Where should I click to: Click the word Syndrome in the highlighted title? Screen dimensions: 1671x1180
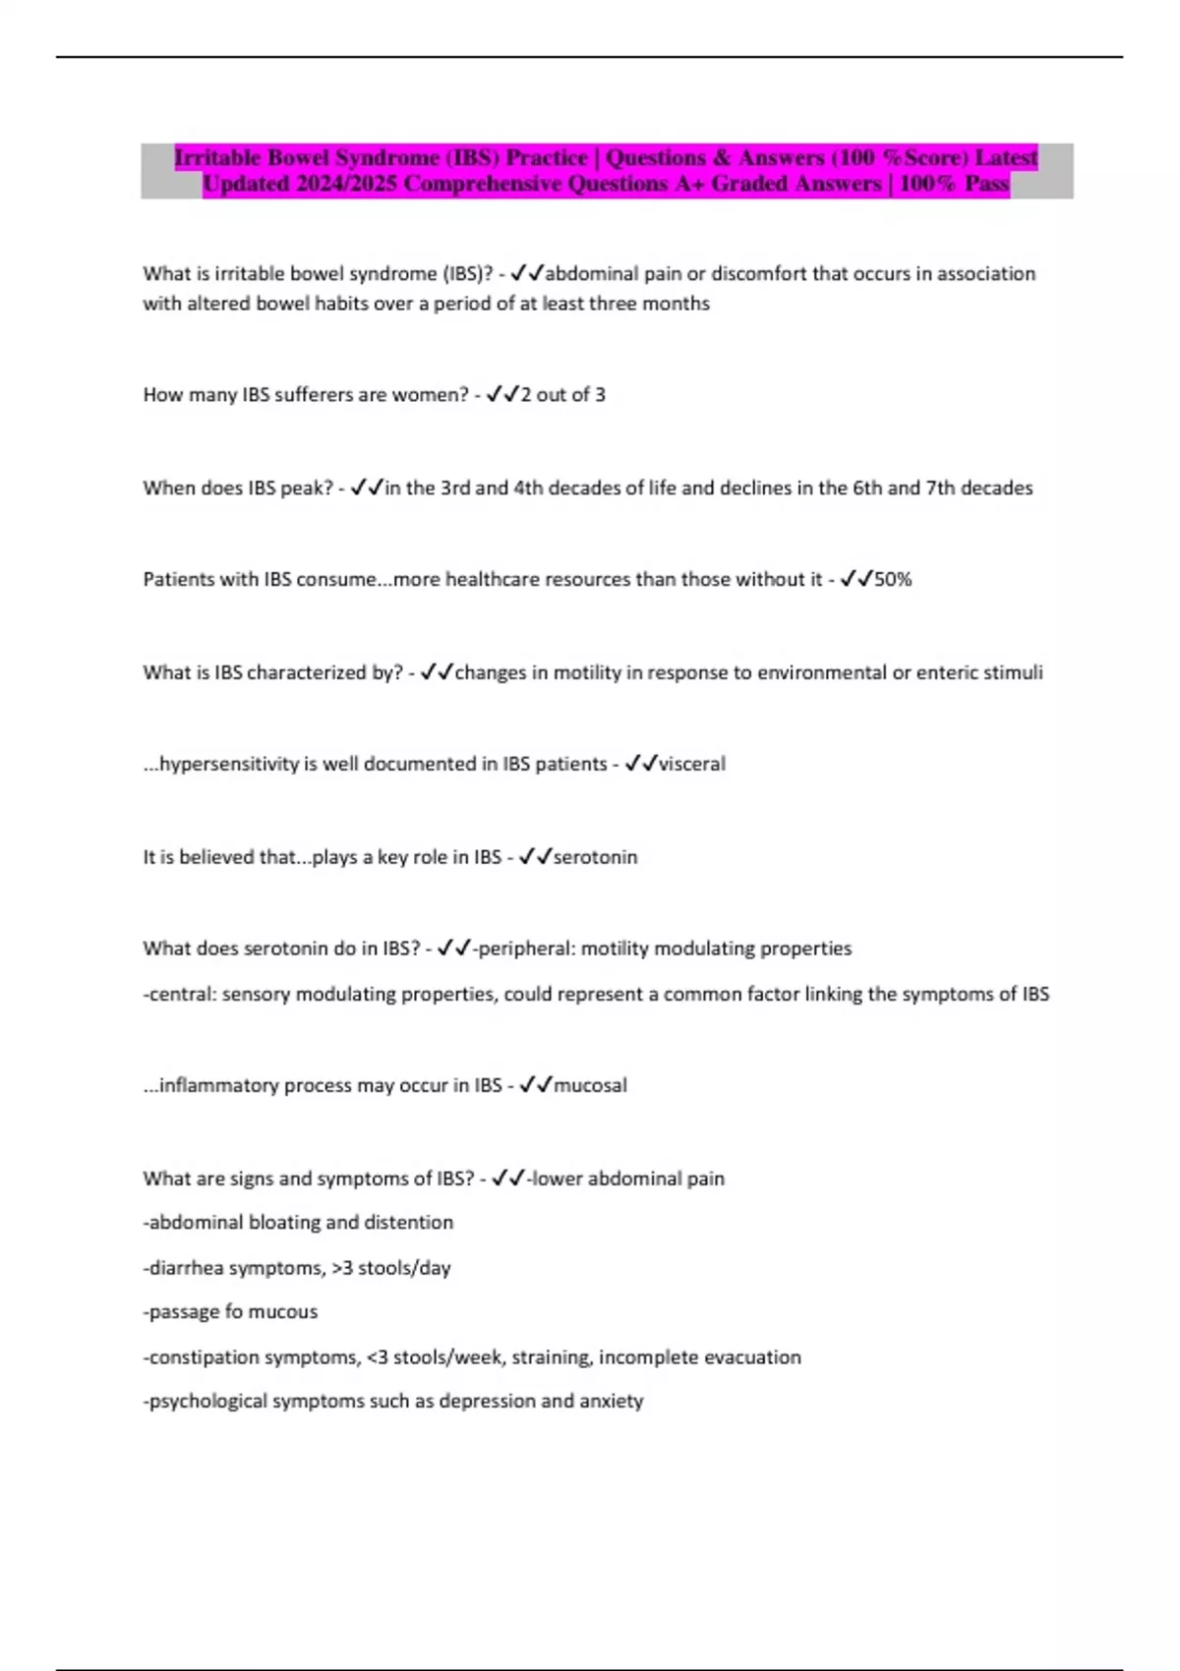click(386, 157)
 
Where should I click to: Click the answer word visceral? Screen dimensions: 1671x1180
click(692, 764)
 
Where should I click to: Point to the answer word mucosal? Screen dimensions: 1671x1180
click(590, 1085)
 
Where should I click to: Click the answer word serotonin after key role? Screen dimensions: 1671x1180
click(595, 857)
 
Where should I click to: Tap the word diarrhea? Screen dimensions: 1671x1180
click(186, 1268)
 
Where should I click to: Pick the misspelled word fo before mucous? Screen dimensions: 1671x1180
click(234, 1311)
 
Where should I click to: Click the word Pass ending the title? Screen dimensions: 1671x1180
click(986, 184)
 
